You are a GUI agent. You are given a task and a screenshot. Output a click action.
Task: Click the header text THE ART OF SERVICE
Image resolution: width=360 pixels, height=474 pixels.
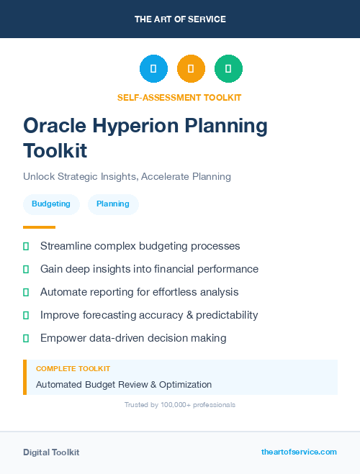[x=180, y=19]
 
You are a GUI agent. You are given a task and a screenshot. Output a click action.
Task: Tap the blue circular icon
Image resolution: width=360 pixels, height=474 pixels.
[x=153, y=69]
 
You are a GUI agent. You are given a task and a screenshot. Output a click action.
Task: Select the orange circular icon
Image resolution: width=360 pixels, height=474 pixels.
[x=191, y=69]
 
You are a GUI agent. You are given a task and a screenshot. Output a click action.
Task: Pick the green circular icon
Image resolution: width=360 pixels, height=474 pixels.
[x=228, y=69]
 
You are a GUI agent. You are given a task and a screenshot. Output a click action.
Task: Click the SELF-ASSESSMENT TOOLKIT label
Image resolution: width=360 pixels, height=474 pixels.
[x=179, y=97]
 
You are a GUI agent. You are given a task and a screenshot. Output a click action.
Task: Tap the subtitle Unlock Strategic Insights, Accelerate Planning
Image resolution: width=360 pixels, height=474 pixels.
[x=127, y=176]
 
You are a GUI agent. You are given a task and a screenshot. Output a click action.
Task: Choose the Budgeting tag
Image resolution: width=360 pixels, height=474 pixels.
[x=51, y=204]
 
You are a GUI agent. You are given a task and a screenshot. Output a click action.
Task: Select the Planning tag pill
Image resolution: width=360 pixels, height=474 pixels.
[x=113, y=204]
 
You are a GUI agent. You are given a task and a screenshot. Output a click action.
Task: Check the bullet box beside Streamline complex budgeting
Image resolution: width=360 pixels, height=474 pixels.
[x=26, y=246]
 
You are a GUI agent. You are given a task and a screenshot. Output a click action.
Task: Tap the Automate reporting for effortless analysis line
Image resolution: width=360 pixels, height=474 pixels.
[x=139, y=292]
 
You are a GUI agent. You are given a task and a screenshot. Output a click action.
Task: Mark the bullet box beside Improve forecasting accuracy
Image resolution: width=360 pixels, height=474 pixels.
[x=26, y=315]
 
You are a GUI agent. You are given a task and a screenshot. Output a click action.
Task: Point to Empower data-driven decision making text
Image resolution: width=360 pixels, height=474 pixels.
[x=133, y=338]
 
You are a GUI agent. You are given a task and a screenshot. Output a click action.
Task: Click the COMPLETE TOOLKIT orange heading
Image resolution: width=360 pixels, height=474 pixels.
[x=73, y=368]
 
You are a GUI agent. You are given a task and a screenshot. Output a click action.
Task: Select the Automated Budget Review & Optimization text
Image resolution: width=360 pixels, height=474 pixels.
[x=124, y=384]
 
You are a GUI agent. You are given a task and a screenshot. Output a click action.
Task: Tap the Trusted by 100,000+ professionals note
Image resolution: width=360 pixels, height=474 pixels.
[x=179, y=405]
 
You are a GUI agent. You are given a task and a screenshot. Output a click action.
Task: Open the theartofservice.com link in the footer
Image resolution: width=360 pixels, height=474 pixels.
[x=299, y=452]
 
